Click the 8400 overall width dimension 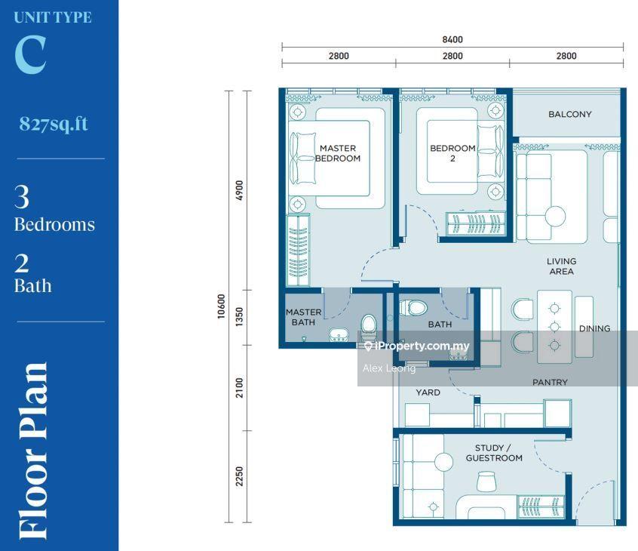point(452,39)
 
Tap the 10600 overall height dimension point(221,306)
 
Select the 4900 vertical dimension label point(240,190)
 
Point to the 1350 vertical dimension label point(240,317)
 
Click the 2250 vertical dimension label point(240,476)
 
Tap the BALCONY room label point(569,114)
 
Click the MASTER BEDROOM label point(338,153)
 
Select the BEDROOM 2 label point(453,153)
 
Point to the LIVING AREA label point(562,266)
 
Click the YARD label point(428,392)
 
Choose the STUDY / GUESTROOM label point(494,453)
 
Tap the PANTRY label point(550,382)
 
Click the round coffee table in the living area point(555,216)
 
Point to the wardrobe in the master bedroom point(298,250)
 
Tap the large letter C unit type point(30,54)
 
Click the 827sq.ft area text point(54,124)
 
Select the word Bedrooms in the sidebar point(54,224)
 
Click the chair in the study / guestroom point(486,482)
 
